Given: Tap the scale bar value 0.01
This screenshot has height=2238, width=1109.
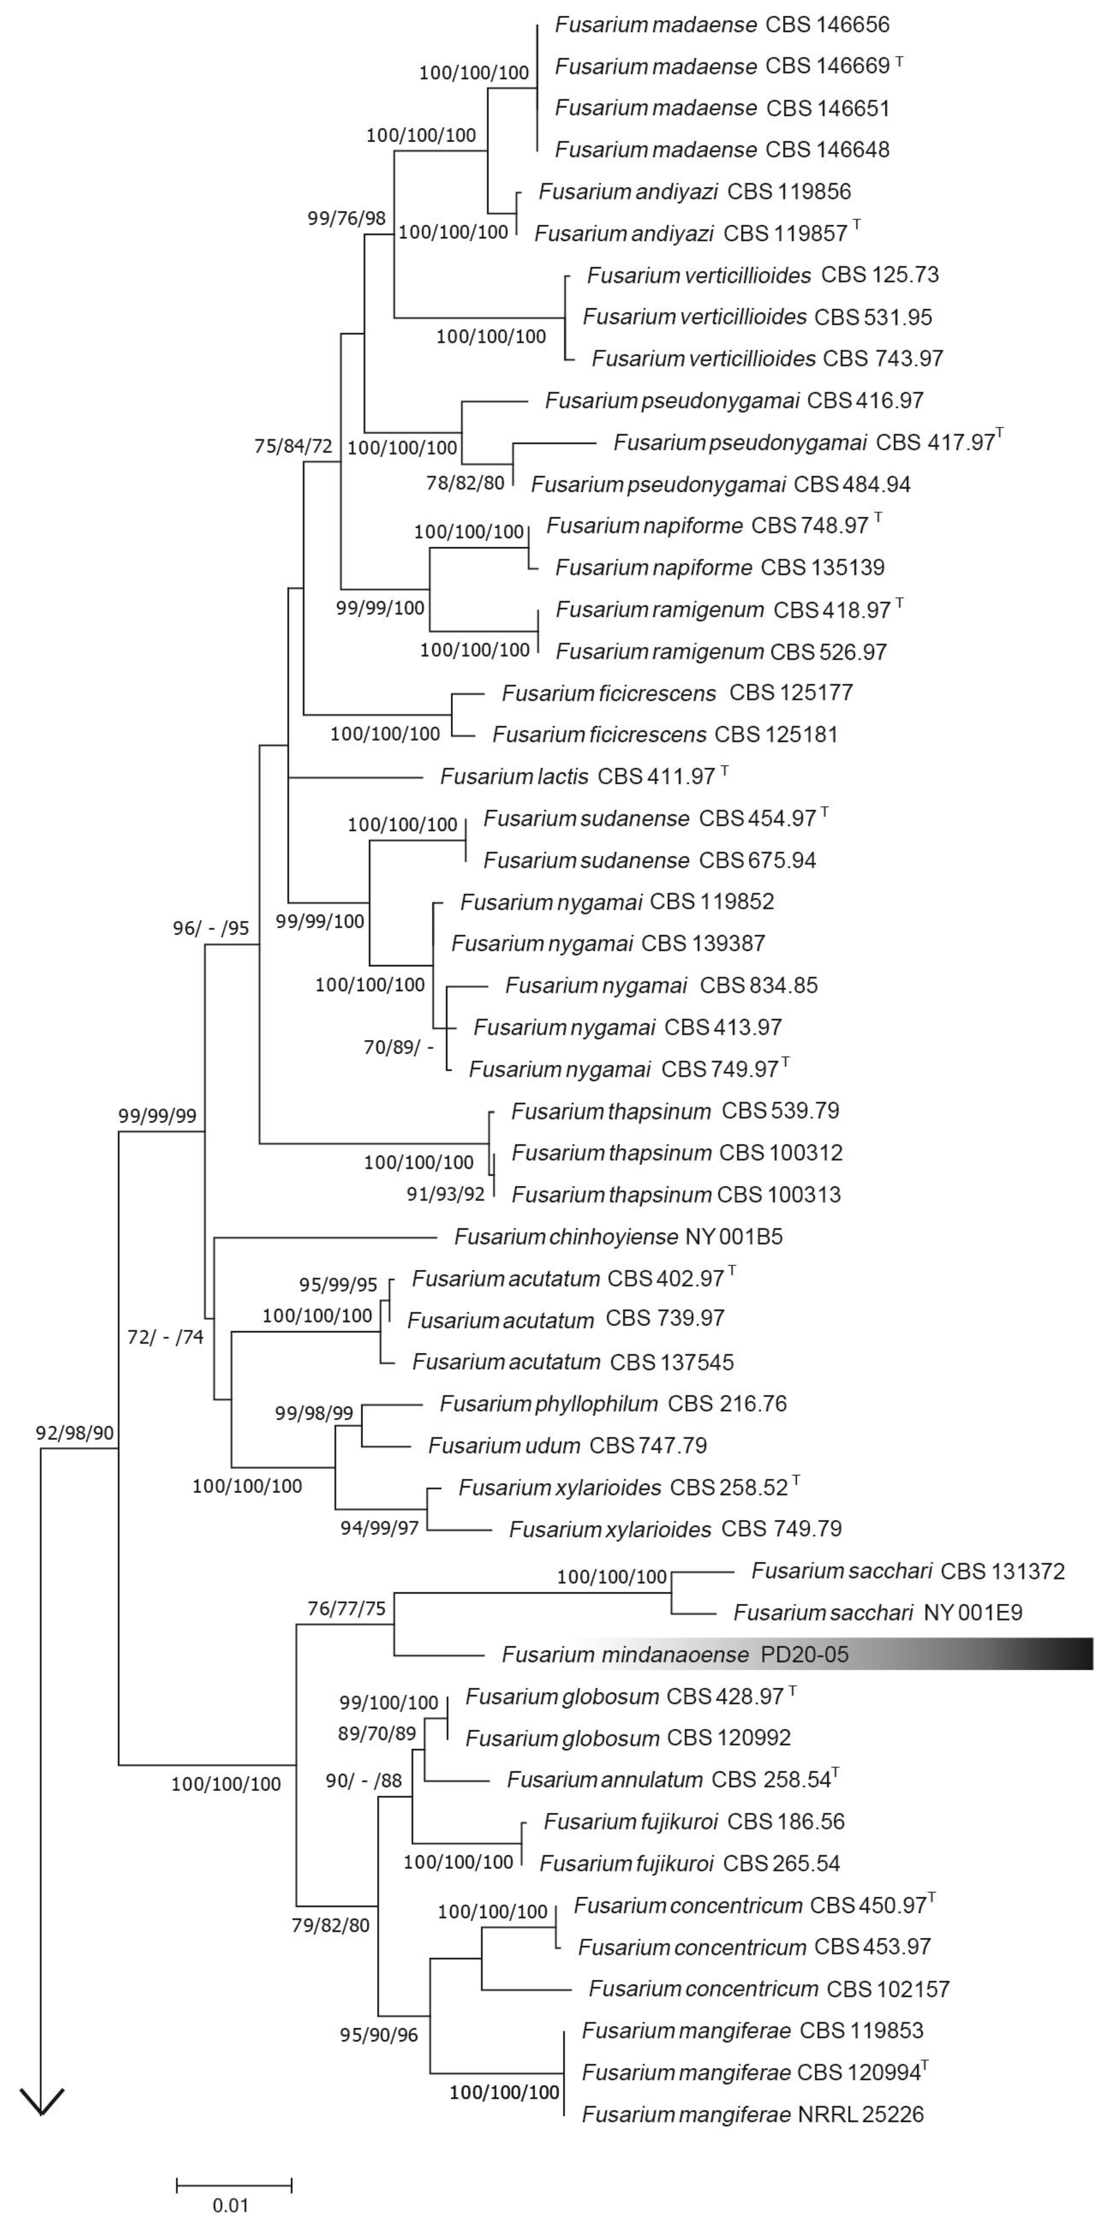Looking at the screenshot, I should tap(231, 2205).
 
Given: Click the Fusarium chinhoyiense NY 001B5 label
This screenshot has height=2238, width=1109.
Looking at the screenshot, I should tap(618, 1236).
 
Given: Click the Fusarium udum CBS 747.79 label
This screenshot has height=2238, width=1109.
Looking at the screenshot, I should tap(567, 1445).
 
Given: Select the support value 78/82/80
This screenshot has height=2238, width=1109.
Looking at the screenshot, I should tap(465, 483).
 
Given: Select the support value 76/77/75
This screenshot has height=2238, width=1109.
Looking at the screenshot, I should tap(346, 1608).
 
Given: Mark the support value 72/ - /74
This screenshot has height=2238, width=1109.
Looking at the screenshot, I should tap(165, 1337).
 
